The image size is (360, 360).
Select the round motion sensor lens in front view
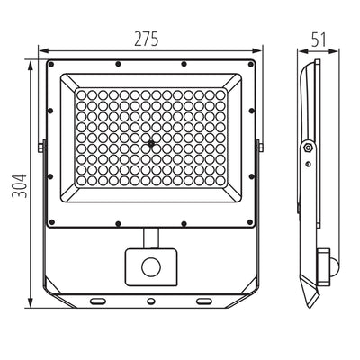pos(149,267)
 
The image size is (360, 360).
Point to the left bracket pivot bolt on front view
pos(40,145)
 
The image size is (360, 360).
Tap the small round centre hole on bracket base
pos(151,303)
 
